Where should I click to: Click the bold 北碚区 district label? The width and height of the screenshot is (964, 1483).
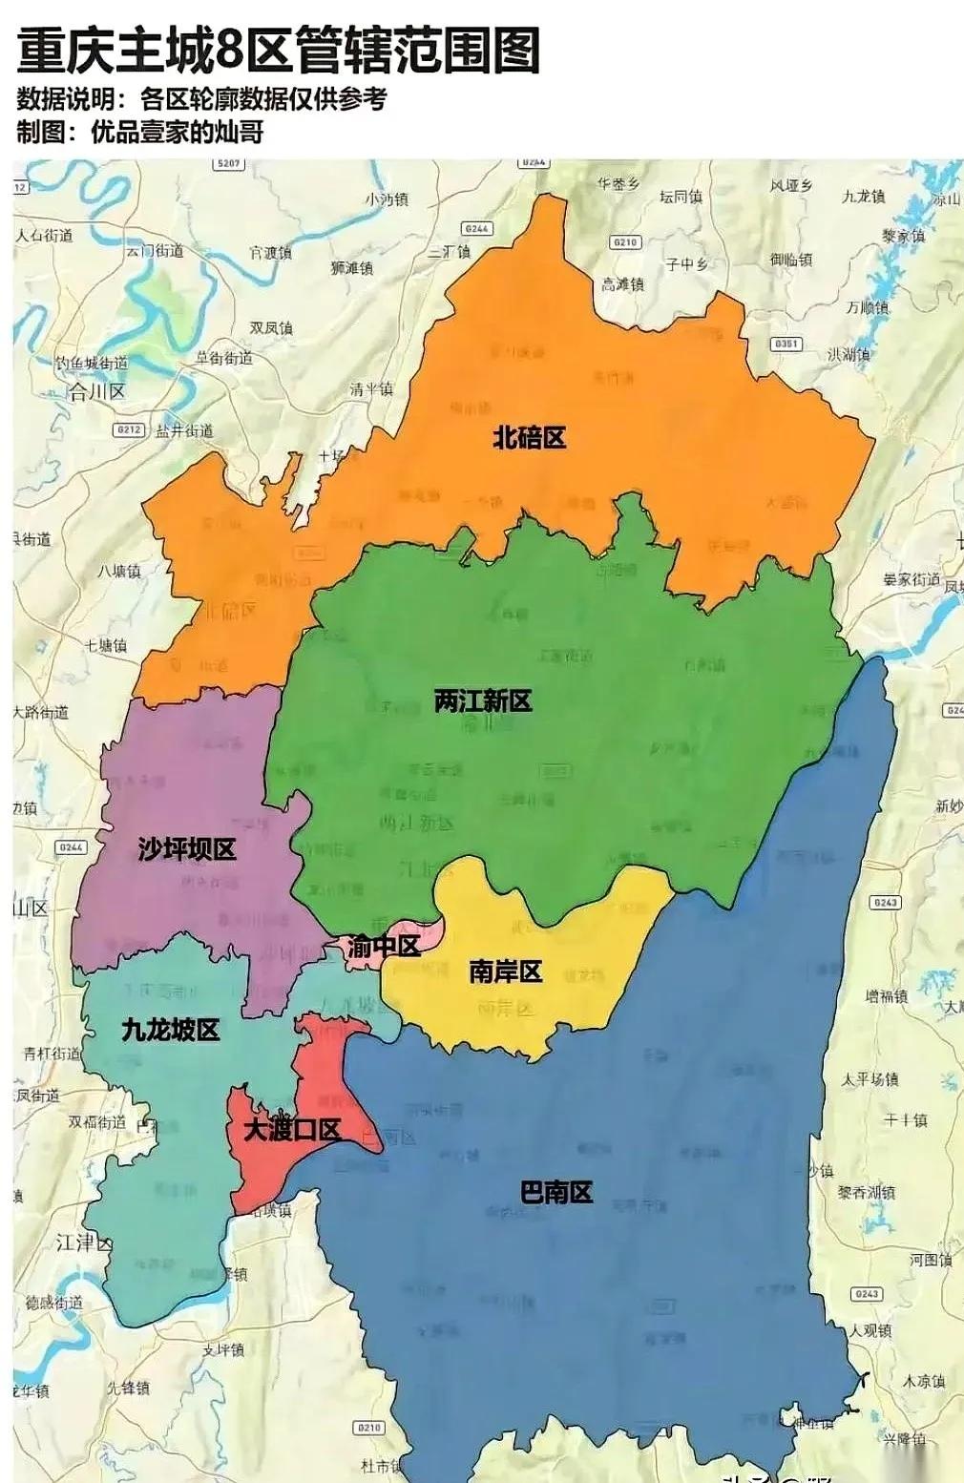(530, 437)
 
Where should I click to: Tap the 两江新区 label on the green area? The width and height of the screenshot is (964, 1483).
(482, 700)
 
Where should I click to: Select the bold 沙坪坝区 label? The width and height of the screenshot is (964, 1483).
(186, 848)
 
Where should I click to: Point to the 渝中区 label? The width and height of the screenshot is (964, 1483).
(383, 946)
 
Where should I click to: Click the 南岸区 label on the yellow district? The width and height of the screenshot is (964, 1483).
(505, 971)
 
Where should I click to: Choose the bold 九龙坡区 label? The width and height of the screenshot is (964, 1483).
(171, 1030)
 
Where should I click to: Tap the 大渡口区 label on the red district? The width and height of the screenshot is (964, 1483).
(292, 1130)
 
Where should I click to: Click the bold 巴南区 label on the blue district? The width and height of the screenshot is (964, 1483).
(556, 1191)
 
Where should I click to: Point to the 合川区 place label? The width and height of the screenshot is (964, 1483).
(96, 391)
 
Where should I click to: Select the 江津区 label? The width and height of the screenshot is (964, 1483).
(84, 1243)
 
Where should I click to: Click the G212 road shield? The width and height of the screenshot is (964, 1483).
(129, 430)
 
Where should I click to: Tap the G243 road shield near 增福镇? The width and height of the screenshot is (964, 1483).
(886, 902)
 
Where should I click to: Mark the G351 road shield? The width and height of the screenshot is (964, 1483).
(787, 344)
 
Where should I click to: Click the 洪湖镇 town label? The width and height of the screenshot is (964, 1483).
(849, 354)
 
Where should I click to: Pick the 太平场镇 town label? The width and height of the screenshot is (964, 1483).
(870, 1079)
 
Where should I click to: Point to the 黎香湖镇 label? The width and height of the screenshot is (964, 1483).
(866, 1193)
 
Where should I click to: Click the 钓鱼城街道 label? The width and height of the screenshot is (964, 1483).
(91, 364)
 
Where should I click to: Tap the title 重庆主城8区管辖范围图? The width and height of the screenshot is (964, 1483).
(280, 51)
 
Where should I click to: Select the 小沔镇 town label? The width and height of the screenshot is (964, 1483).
(387, 199)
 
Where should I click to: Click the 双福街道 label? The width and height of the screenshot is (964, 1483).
(96, 1122)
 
